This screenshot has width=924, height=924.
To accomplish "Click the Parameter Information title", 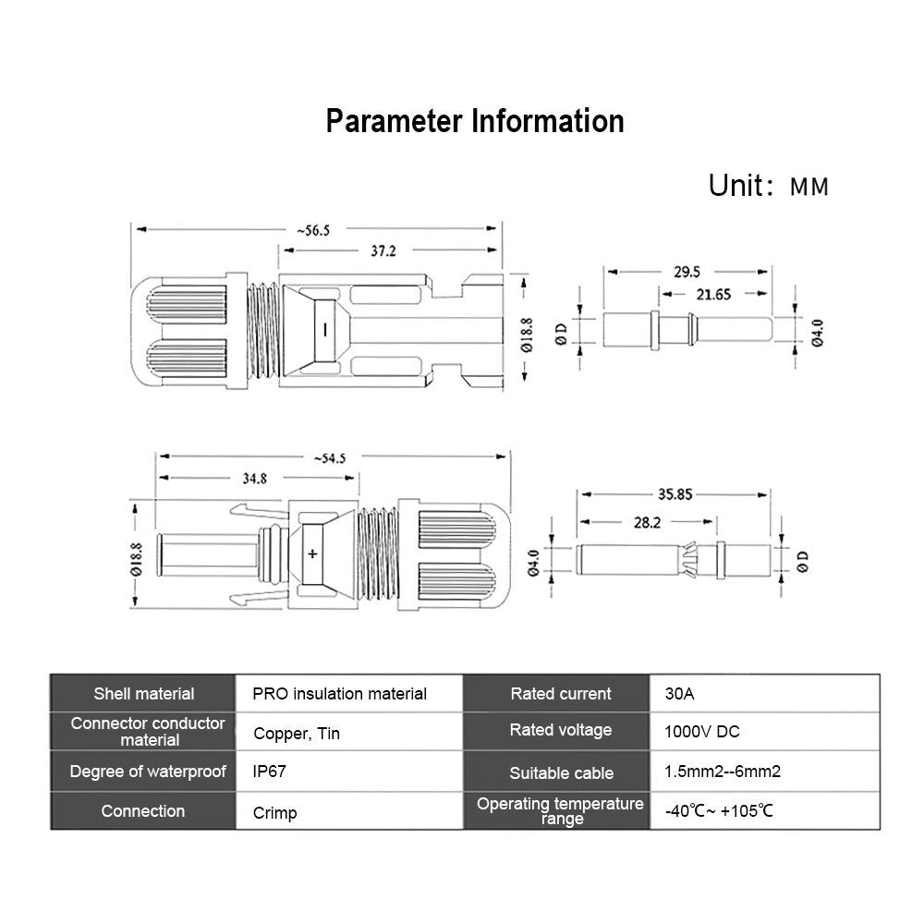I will (474, 121).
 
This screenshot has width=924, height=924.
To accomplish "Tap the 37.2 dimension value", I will (377, 251).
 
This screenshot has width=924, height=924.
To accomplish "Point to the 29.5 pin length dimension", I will (687, 272).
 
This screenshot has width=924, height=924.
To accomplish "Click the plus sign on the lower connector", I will (312, 554).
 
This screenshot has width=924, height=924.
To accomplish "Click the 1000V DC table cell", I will (702, 732).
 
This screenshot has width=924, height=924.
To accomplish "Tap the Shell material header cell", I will (144, 693).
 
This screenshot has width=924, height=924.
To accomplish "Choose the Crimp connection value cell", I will (274, 814).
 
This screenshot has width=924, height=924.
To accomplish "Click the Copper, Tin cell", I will (297, 734).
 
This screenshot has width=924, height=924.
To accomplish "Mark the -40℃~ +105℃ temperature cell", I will (718, 811).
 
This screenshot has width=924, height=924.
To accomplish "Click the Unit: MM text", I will (768, 186).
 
